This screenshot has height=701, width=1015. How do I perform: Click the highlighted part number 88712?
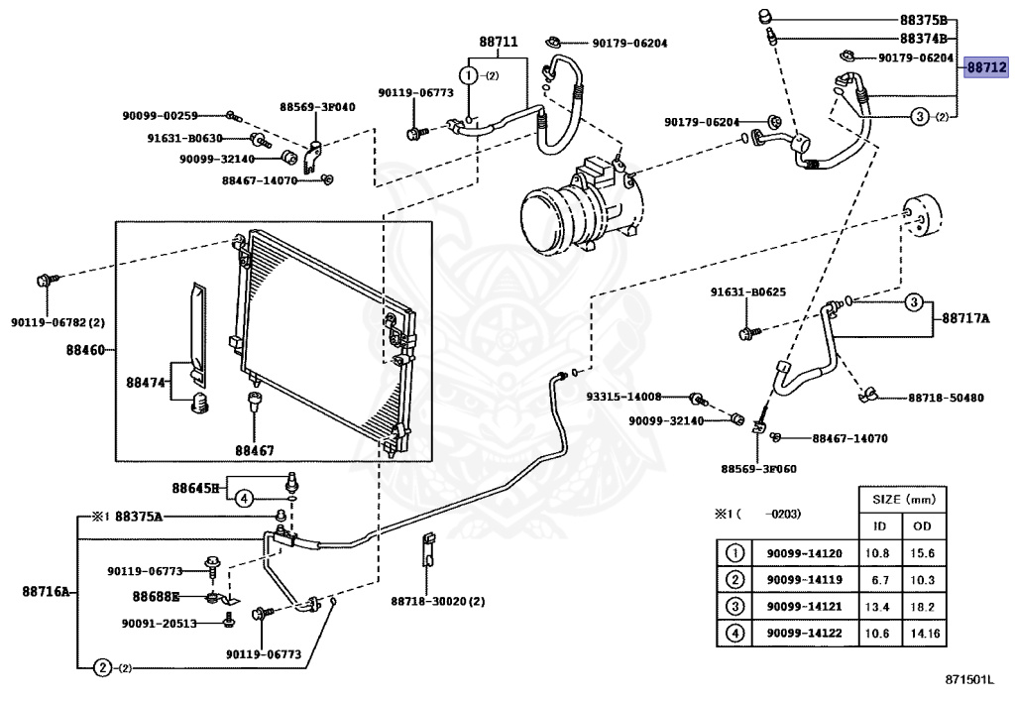[x=986, y=66]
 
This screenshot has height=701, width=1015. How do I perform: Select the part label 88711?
[x=499, y=42]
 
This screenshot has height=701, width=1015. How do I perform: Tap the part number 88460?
[x=85, y=350]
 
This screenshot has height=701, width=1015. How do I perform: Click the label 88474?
[x=146, y=383]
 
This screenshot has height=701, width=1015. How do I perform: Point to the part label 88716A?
[x=46, y=591]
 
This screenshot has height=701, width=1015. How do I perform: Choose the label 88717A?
[x=965, y=318]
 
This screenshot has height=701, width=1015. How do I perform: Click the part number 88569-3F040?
[x=317, y=107]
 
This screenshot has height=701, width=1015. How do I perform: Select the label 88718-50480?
[x=946, y=398]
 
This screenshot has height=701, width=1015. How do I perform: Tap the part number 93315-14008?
[x=624, y=397]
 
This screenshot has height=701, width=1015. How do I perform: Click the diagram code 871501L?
[x=969, y=679]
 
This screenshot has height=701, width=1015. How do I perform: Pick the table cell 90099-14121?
[x=805, y=607]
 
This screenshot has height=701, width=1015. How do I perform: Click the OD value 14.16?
[x=925, y=633]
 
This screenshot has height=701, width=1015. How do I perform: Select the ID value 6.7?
[x=880, y=580]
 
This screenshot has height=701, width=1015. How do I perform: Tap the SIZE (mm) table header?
[x=903, y=500]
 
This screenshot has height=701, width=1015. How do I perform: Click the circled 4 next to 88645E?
[x=244, y=499]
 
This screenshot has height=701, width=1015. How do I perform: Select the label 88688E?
[x=156, y=596]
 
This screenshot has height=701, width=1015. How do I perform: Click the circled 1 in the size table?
[x=734, y=553]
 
